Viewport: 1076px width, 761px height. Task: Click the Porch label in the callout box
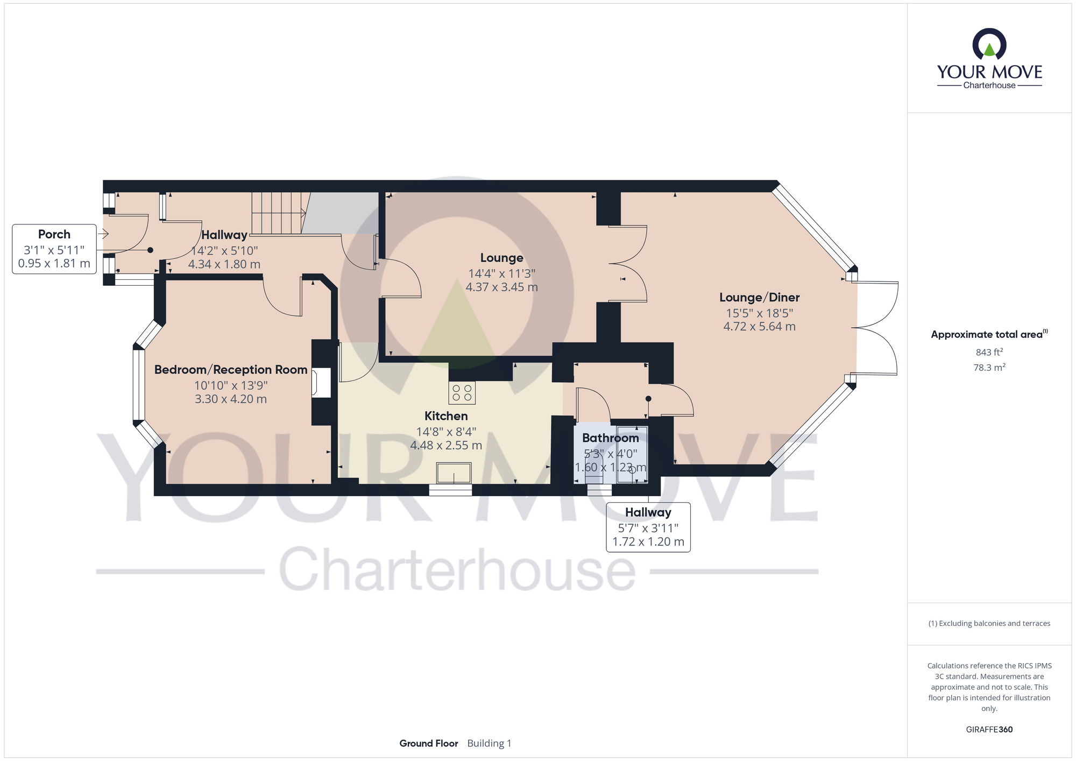(54, 235)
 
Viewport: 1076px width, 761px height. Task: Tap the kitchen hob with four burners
(462, 393)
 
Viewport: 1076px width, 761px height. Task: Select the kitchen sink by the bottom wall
(454, 474)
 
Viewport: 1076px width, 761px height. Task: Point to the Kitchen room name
(446, 416)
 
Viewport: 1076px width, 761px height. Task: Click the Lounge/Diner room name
(759, 298)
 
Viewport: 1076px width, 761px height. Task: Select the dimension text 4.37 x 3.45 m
(502, 287)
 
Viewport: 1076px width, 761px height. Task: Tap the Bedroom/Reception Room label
(231, 370)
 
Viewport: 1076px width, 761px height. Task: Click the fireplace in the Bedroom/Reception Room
(321, 383)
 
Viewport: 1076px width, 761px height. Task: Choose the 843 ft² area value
(989, 353)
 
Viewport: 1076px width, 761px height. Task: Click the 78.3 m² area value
(989, 368)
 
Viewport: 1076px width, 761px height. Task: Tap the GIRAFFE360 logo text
(989, 730)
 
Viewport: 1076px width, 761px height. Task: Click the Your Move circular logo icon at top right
(989, 44)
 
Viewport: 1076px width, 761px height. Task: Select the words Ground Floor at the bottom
(429, 743)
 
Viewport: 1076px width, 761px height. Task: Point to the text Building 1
(489, 743)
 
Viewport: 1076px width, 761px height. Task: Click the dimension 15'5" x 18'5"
(759, 313)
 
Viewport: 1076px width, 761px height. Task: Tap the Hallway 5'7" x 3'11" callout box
(648, 527)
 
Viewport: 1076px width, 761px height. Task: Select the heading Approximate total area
(989, 334)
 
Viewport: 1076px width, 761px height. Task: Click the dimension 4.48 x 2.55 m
(446, 446)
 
